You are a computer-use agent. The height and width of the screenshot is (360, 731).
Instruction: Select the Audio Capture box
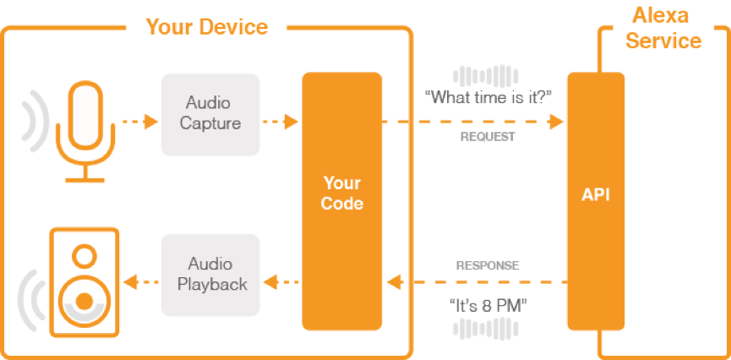tap(210, 114)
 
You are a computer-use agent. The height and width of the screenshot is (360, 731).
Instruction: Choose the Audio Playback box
tap(210, 275)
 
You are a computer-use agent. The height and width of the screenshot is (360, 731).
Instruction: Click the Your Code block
tap(341, 201)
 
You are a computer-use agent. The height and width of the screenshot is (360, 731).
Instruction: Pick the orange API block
tap(596, 201)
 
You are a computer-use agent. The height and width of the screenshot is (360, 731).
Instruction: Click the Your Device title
tap(207, 26)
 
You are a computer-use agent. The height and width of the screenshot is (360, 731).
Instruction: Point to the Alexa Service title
tap(663, 29)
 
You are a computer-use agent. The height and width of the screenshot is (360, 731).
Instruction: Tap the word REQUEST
tap(488, 137)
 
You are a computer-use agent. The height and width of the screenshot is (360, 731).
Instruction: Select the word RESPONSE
tap(488, 266)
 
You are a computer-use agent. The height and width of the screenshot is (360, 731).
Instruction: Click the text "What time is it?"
tap(488, 98)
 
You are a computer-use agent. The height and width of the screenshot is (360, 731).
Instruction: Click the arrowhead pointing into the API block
tap(556, 122)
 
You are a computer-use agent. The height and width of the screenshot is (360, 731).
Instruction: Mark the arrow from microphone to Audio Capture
tap(140, 122)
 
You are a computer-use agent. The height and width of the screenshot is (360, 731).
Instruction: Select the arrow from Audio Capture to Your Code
tap(281, 122)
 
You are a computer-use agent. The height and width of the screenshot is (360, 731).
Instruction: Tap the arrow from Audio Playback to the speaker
tap(141, 282)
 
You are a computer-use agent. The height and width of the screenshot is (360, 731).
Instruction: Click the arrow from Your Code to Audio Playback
tap(281, 282)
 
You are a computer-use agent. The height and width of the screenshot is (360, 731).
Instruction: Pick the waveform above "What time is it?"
tap(486, 76)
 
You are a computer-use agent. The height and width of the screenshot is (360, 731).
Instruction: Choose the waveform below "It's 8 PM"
tap(486, 328)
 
